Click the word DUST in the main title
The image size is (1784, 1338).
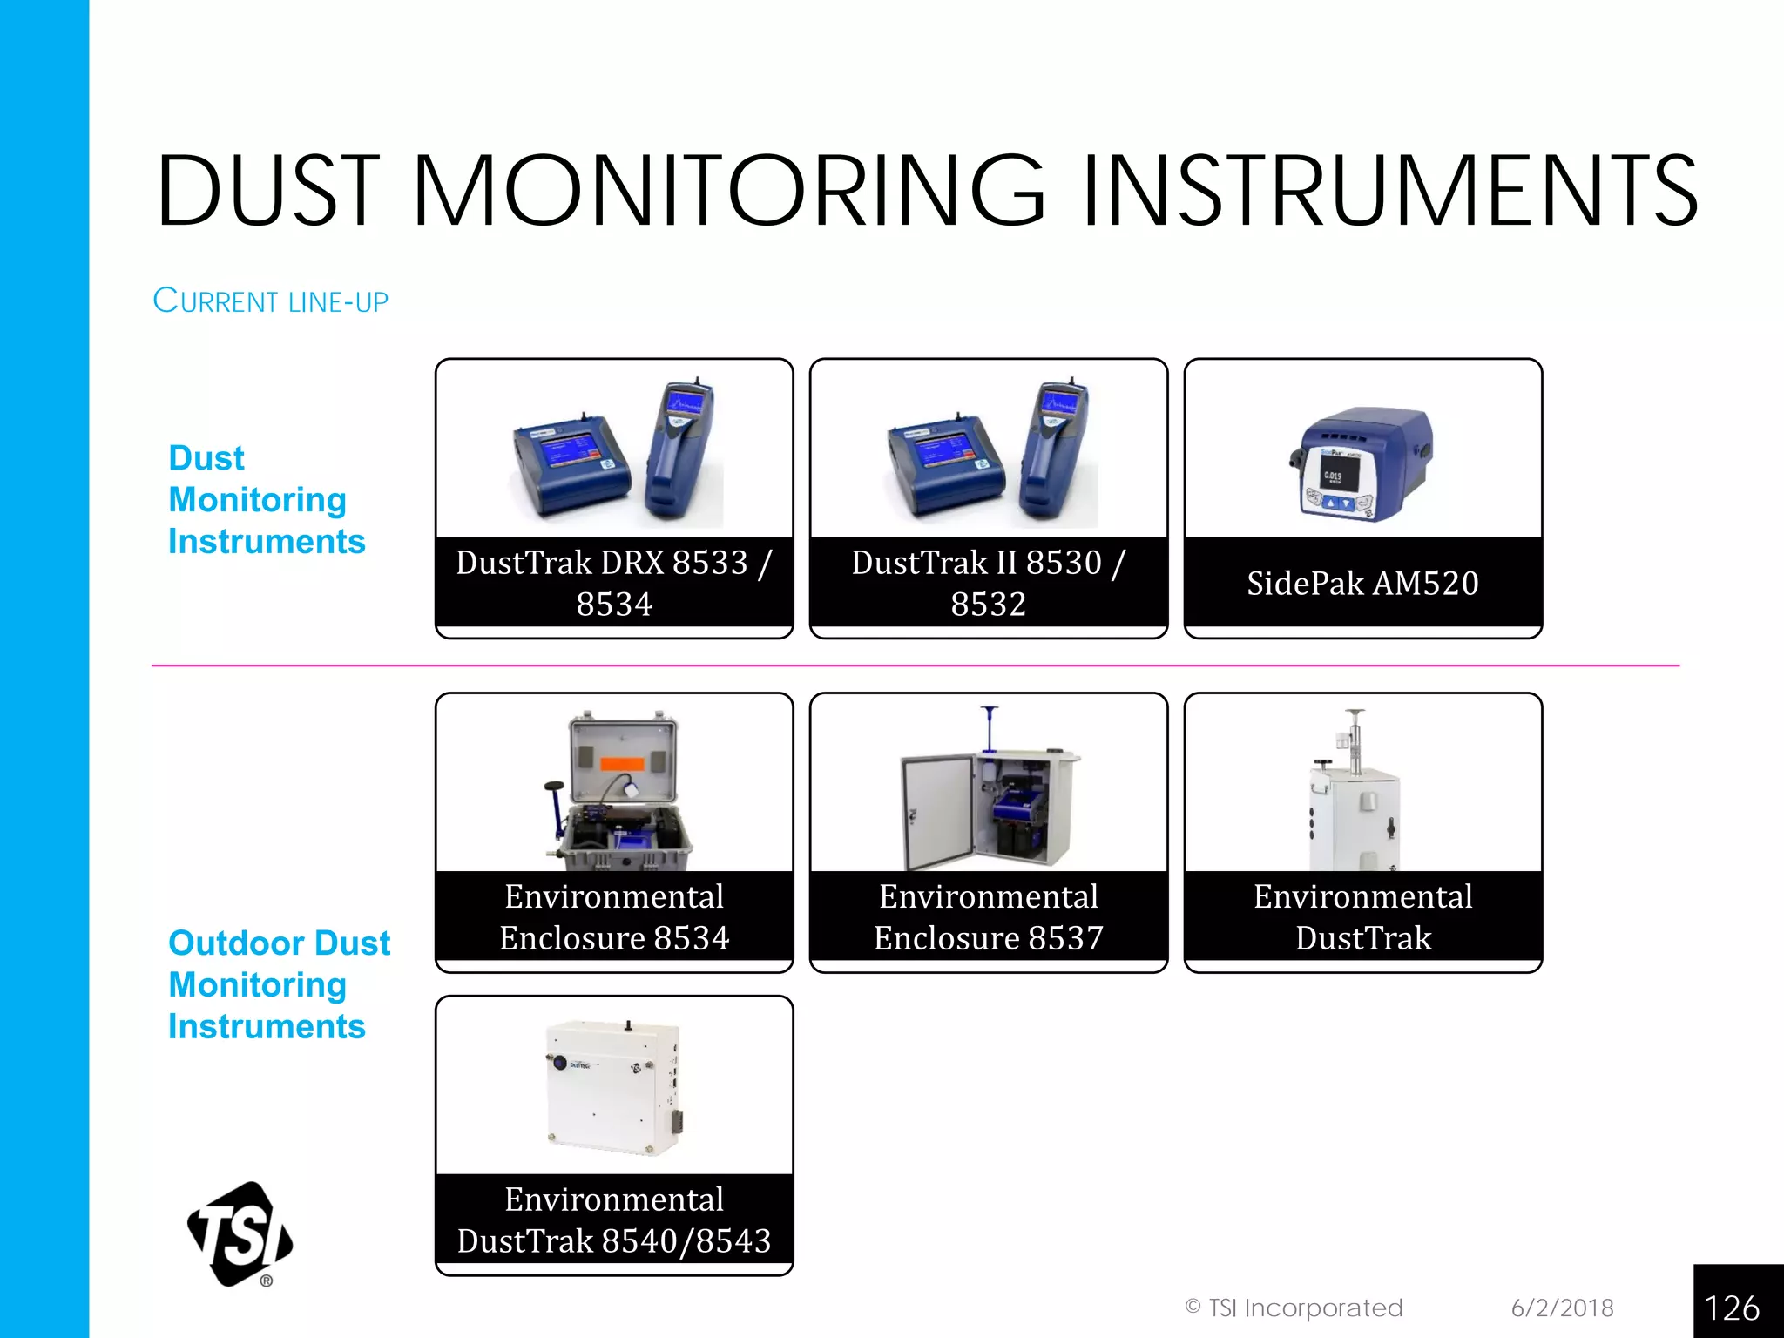[x=268, y=191]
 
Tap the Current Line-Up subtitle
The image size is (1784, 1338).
[x=270, y=301]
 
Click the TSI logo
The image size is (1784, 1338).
[x=240, y=1233]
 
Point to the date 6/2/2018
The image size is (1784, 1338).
[x=1562, y=1308]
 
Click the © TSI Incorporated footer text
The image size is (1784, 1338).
[x=1294, y=1308]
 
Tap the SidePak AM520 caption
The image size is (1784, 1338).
[x=1362, y=583]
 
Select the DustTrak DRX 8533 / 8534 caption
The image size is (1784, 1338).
[x=614, y=583]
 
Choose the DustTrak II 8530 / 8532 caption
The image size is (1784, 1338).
[x=988, y=583]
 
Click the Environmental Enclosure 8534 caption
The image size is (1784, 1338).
[x=614, y=916]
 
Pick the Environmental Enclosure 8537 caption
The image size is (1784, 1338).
[x=988, y=916]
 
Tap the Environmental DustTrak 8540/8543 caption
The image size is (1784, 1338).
[x=614, y=1220]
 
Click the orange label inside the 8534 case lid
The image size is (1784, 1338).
[x=622, y=764]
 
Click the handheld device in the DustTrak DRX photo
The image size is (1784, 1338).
[x=680, y=449]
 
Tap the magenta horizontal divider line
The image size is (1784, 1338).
[x=915, y=666]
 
